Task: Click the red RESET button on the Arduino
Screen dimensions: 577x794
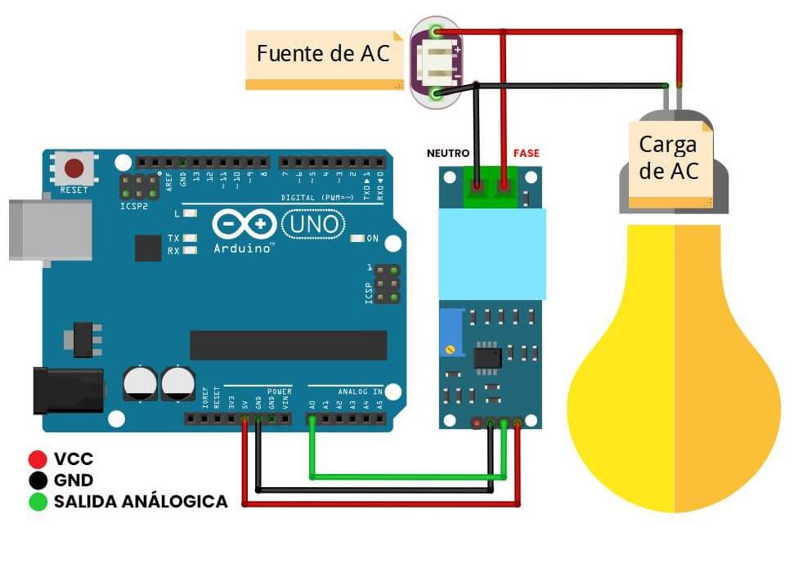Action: point(74,169)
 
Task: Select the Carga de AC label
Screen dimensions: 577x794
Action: point(667,159)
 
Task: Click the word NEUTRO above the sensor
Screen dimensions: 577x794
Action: point(448,153)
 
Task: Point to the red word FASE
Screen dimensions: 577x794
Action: point(526,153)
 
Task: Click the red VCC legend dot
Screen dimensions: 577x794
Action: point(37,459)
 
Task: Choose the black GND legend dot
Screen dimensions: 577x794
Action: point(37,481)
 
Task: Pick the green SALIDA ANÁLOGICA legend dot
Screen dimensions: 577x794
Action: point(37,502)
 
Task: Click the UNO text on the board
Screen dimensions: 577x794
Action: point(308,223)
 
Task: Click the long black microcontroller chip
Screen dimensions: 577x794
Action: point(288,345)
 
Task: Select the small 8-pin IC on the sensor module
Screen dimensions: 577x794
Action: point(487,356)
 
